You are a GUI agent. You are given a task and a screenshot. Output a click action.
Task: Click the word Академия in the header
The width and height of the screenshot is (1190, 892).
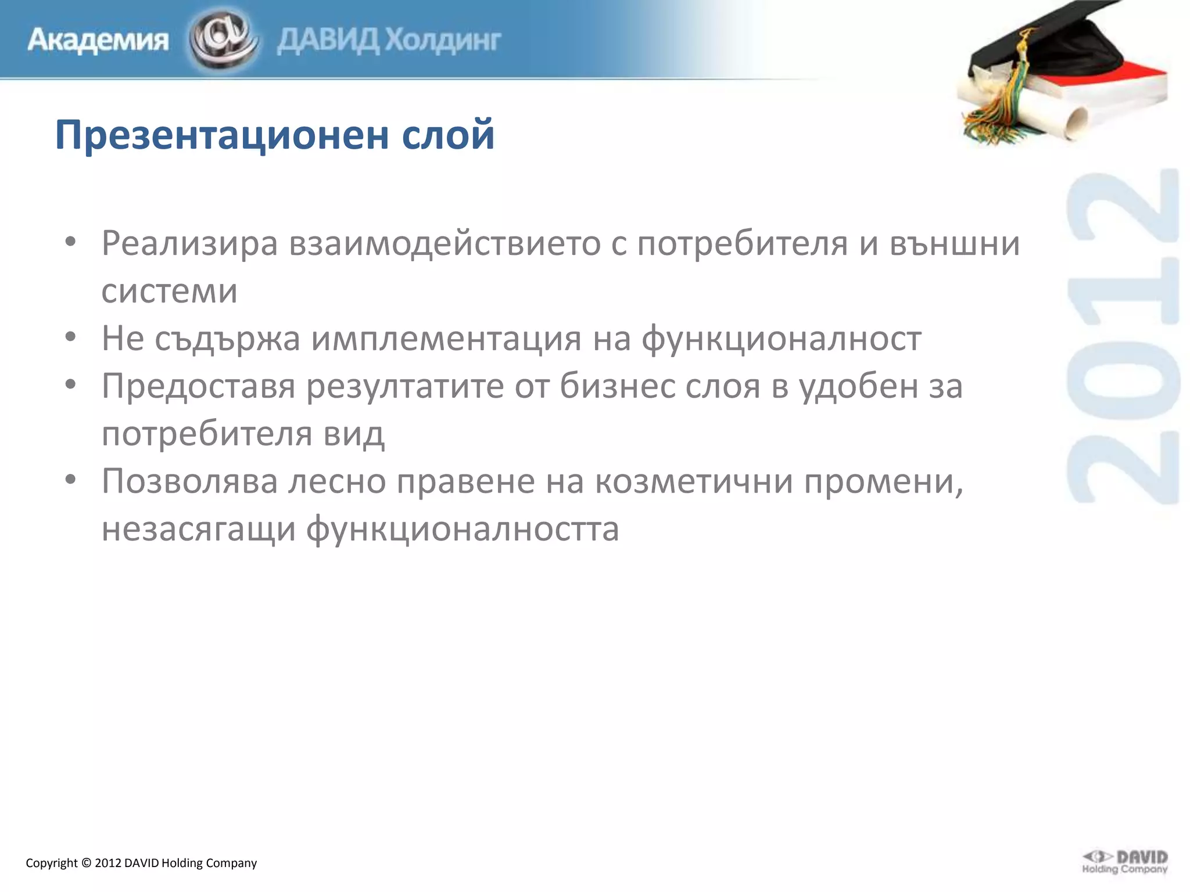point(98,41)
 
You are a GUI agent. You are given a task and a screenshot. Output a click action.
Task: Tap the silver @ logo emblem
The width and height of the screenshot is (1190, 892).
point(223,39)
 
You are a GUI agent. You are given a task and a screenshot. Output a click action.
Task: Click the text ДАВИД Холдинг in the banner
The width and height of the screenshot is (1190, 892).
point(389,41)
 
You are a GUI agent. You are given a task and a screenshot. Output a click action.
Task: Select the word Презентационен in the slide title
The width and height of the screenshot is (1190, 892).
point(221,135)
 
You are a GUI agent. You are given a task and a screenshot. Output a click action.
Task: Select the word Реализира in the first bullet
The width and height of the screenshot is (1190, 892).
point(189,243)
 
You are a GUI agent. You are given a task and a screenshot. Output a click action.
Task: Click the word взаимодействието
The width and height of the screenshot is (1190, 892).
point(445,243)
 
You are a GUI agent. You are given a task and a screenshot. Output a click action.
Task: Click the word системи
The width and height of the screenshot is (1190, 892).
point(169,291)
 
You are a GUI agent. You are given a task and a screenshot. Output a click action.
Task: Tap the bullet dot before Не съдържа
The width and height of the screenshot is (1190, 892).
point(70,337)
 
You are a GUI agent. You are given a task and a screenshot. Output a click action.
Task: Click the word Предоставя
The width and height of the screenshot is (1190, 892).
point(198,386)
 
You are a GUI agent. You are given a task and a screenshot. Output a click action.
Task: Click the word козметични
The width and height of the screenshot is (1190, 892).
point(694,481)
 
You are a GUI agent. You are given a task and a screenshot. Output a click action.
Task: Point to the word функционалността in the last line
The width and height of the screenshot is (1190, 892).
point(463,529)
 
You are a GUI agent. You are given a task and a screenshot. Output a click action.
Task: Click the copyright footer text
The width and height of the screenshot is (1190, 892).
point(141,863)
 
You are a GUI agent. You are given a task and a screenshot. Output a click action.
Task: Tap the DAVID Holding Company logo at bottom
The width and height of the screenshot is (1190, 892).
point(1124,862)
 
